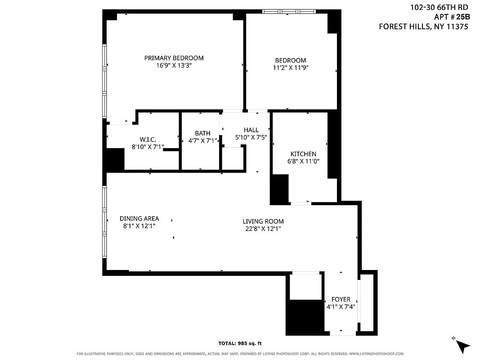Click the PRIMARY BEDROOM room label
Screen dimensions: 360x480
174,58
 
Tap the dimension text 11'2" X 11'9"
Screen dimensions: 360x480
290,68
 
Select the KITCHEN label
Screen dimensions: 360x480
303,154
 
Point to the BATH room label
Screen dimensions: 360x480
202,133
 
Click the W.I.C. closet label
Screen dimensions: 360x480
148,139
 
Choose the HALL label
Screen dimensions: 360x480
251,130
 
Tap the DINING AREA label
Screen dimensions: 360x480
139,219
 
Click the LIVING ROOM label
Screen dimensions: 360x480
263,221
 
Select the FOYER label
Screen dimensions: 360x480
341,299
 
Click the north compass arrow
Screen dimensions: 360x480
462,345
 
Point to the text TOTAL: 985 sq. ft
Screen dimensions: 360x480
240,343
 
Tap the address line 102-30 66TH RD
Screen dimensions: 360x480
439,7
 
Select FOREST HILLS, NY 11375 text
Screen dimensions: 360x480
424,27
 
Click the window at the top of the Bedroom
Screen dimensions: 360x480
289,11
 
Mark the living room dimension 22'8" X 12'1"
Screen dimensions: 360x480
263,229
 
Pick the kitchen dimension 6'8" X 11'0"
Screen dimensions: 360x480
303,161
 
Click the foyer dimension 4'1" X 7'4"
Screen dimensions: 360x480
341,307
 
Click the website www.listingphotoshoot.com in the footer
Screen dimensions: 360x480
376,354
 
